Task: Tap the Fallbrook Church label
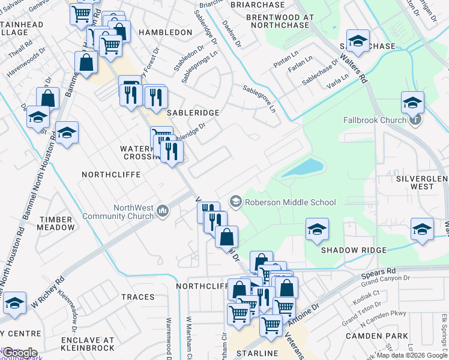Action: (375, 120)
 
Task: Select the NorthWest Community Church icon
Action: (163, 211)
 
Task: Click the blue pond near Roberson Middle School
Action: (303, 167)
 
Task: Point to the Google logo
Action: (19, 352)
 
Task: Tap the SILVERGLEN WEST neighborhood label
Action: (422, 182)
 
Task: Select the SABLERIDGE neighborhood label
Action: (184, 112)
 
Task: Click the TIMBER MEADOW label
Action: (55, 223)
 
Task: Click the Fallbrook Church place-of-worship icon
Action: (415, 119)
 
